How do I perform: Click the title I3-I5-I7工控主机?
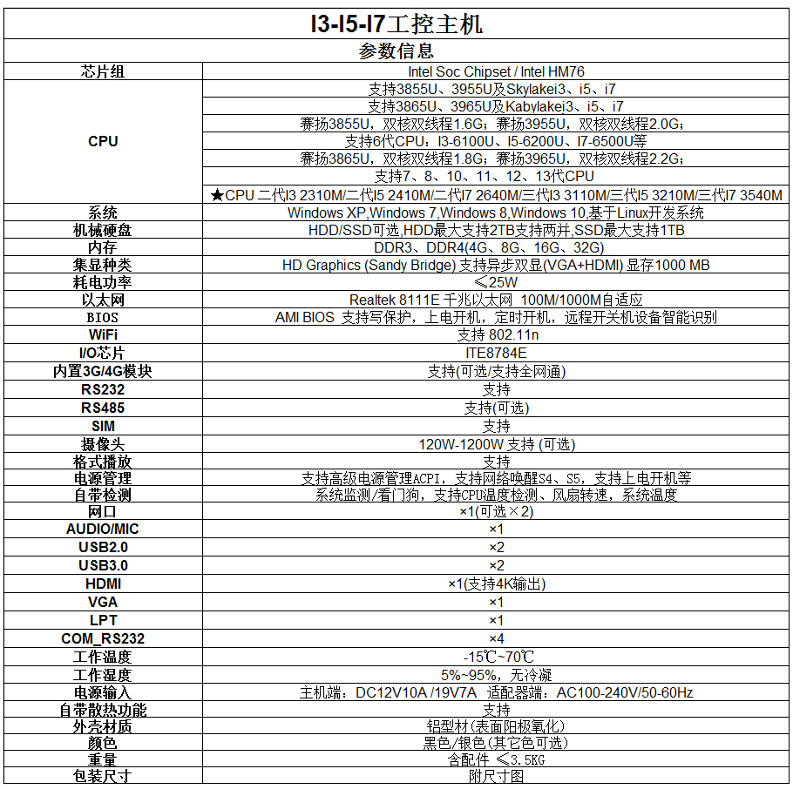tap(396, 24)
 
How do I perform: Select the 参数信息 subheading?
tap(396, 51)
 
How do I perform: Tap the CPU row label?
tap(103, 141)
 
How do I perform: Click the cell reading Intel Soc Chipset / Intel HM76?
tap(496, 71)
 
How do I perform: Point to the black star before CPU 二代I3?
tap(217, 195)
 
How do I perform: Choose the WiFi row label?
tap(103, 335)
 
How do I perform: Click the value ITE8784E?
tap(496, 353)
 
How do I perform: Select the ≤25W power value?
tap(496, 282)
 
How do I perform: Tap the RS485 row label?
tap(103, 408)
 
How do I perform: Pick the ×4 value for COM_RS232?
tap(497, 638)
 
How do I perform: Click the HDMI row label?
tap(103, 584)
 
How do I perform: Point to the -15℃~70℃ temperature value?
tap(498, 657)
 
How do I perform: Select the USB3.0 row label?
tap(103, 565)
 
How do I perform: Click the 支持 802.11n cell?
tap(498, 335)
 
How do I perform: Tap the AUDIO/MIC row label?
tap(103, 529)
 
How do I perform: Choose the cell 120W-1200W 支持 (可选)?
tap(497, 445)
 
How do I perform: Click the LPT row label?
tap(103, 620)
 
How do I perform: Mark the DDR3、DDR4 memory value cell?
tap(489, 247)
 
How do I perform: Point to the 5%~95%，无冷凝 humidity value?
tap(496, 675)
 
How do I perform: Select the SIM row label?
tap(103, 426)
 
